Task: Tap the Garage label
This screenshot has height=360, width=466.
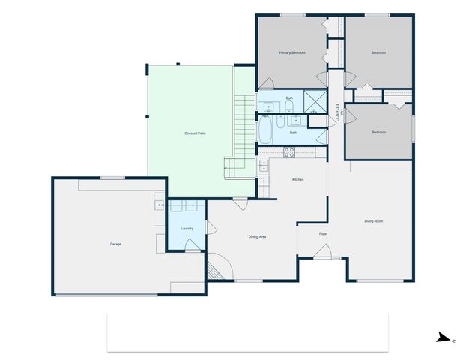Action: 115,244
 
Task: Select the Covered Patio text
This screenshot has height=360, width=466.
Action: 196,133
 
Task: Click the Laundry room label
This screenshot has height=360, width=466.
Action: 187,229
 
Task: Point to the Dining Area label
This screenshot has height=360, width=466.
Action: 258,237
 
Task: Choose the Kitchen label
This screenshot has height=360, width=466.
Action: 297,180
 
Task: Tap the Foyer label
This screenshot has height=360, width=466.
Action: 323,234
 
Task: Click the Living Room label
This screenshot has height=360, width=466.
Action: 375,221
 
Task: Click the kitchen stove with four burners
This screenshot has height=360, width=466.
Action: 288,152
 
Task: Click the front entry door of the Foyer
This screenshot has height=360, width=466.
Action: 323,256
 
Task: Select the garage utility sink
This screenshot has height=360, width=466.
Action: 160,205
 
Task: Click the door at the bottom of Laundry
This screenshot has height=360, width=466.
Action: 193,244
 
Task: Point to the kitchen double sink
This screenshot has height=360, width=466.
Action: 264,166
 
